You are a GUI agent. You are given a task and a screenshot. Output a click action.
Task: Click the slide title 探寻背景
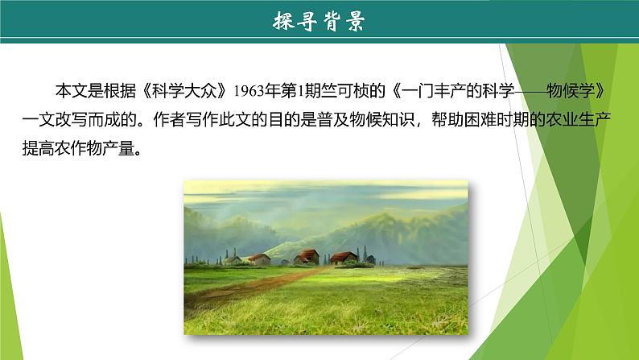click(319, 22)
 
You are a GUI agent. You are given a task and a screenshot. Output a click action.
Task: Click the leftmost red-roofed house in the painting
click(259, 259)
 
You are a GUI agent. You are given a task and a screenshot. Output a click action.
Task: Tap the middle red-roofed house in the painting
click(306, 256)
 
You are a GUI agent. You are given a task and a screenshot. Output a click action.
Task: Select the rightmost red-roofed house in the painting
click(344, 257)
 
